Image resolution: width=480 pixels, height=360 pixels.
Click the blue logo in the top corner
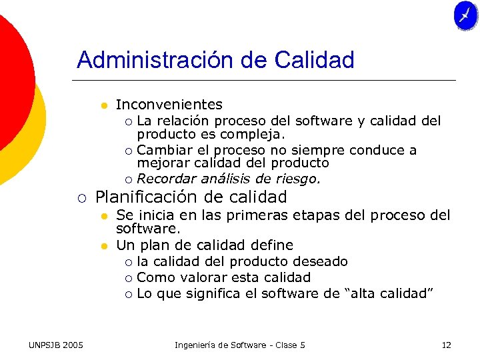pyautogui.click(x=465, y=16)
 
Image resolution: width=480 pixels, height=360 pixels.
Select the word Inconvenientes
pyautogui.click(x=169, y=105)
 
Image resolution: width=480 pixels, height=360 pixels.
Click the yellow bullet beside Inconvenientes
pyautogui.click(x=104, y=105)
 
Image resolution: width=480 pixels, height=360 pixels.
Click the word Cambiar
pyautogui.click(x=162, y=150)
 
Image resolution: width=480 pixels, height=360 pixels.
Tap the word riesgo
pyautogui.click(x=299, y=179)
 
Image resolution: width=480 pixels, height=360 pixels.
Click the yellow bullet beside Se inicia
pyautogui.click(x=104, y=215)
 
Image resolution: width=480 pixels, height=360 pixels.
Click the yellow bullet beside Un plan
pyautogui.click(x=104, y=245)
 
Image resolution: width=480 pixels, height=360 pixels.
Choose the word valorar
pyautogui.click(x=193, y=277)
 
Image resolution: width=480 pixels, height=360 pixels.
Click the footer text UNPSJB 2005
pyautogui.click(x=56, y=345)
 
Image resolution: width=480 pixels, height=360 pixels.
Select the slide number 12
pyautogui.click(x=446, y=345)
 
